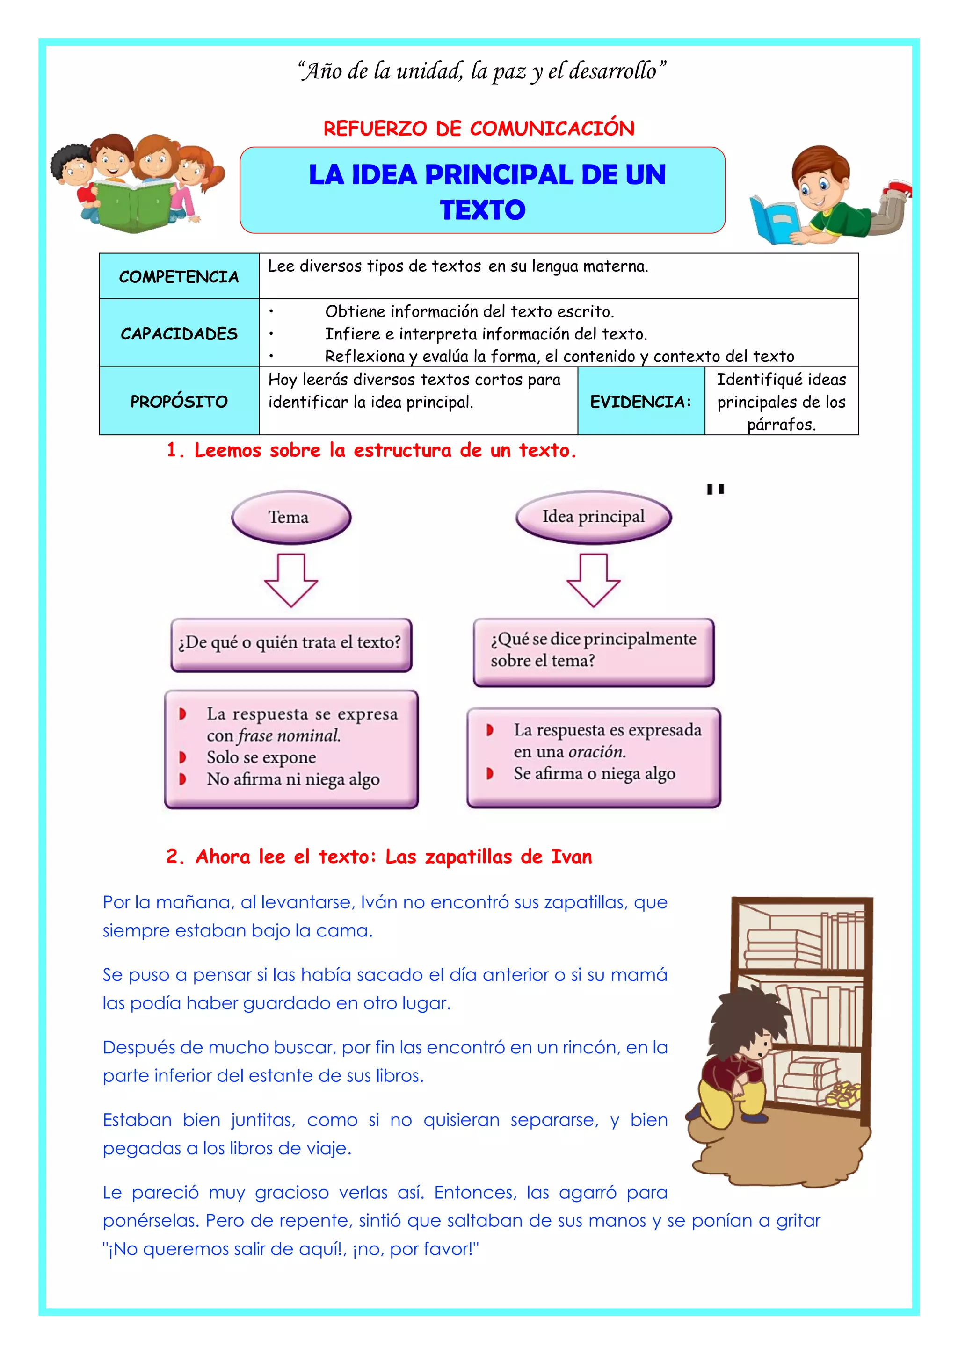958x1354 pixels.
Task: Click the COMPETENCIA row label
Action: coord(179,277)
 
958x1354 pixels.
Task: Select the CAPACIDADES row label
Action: coord(179,334)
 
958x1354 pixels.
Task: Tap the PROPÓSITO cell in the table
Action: coord(179,402)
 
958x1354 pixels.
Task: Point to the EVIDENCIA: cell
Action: coord(641,402)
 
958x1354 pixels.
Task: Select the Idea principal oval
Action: coord(594,517)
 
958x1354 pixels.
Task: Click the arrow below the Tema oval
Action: coord(291,580)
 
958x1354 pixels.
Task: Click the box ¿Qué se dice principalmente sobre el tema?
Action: coord(594,651)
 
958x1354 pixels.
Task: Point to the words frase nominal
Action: coord(289,736)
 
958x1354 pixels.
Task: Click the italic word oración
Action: coord(597,752)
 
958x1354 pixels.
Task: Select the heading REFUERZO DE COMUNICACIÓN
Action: coord(479,129)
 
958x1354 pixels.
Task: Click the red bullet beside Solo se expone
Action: coord(182,757)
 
